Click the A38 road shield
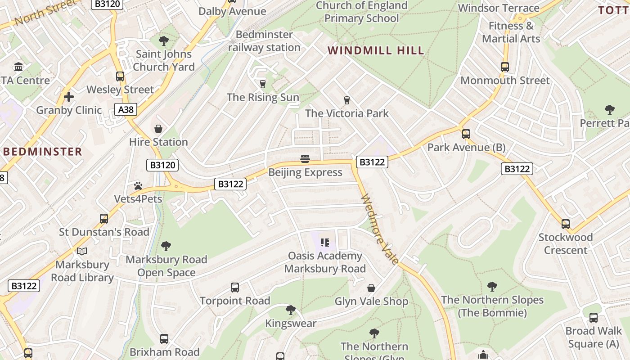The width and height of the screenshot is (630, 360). [126, 109]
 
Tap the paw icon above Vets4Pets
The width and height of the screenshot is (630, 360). [138, 185]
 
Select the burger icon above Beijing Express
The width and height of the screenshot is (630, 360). [305, 159]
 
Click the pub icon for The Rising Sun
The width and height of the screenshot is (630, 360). [263, 84]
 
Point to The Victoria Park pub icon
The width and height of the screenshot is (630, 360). [346, 100]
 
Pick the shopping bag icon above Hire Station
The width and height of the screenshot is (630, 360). [158, 129]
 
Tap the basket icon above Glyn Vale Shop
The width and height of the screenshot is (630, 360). [371, 288]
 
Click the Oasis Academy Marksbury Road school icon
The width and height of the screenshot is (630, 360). [325, 243]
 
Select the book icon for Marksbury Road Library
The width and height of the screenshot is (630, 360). [82, 251]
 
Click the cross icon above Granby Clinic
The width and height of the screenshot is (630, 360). [69, 97]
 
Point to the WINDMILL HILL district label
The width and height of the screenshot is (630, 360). [376, 50]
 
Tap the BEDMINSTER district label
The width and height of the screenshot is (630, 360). [43, 151]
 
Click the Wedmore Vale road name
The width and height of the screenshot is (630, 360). [380, 229]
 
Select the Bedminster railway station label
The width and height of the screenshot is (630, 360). [264, 41]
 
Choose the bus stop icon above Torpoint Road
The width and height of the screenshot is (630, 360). [235, 288]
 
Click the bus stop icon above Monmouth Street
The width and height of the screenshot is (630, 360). [505, 67]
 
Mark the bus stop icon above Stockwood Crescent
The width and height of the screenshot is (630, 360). [566, 224]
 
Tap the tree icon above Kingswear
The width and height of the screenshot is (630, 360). [291, 310]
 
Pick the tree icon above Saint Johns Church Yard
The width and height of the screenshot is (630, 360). [164, 41]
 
